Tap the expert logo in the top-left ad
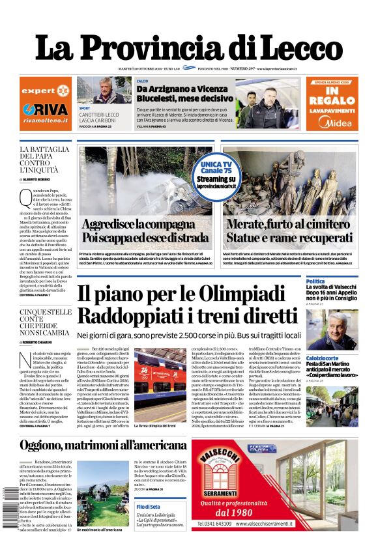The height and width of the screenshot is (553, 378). click(46, 91)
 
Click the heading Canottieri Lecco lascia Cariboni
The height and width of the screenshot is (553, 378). click(98, 118)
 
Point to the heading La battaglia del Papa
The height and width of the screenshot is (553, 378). click(44, 160)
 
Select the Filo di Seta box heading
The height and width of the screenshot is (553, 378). click(150, 506)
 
